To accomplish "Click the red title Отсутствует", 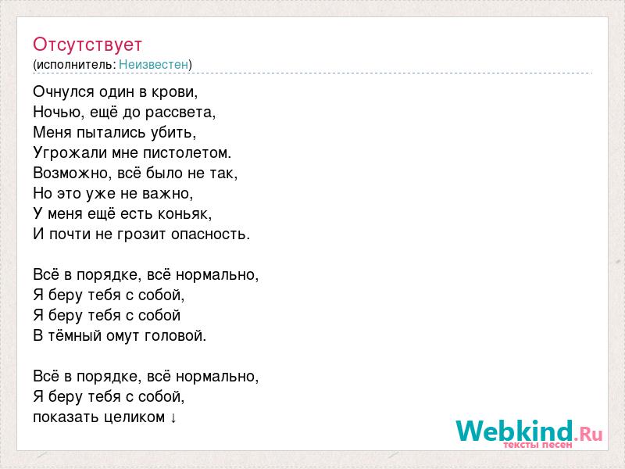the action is pyautogui.click(x=87, y=45).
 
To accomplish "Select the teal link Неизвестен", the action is pyautogui.click(x=153, y=64).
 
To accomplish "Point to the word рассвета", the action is pyautogui.click(x=180, y=113).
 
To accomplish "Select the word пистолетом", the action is pyautogui.click(x=187, y=152).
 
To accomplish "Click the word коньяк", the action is pyautogui.click(x=184, y=213).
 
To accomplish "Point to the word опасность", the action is pyautogui.click(x=210, y=234).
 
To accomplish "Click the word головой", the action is pyautogui.click(x=175, y=335).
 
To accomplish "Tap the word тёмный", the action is pyautogui.click(x=75, y=335).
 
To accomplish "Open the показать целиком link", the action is pyautogui.click(x=105, y=417).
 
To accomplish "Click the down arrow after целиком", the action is pyautogui.click(x=173, y=418).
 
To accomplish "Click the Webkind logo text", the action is pyautogui.click(x=515, y=431).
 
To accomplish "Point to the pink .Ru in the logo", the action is pyautogui.click(x=588, y=434).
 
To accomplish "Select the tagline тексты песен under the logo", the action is pyautogui.click(x=537, y=444).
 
